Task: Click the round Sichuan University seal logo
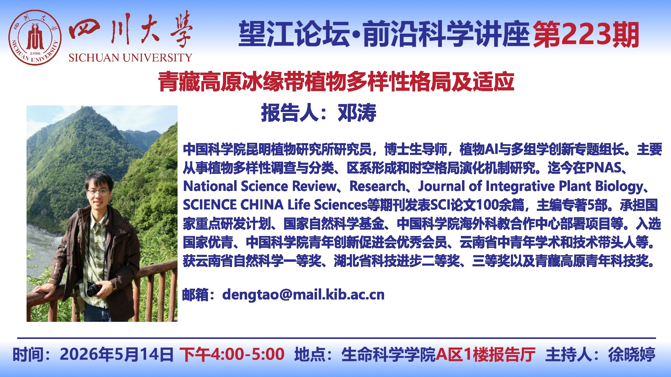tap(35, 38)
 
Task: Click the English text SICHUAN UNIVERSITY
tap(130, 58)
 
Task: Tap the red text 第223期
tap(586, 35)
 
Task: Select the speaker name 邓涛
tap(357, 113)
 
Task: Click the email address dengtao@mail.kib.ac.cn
tap(303, 295)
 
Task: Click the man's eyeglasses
tap(98, 192)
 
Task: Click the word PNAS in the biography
tap(603, 168)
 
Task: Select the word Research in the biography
tap(377, 186)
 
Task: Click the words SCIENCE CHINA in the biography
tap(233, 205)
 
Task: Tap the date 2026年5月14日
tap(117, 354)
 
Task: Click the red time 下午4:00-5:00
tap(232, 354)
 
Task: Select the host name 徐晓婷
tap(632, 354)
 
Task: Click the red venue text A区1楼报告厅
tap(486, 354)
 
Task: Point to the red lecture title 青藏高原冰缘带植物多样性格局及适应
tap(336, 82)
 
